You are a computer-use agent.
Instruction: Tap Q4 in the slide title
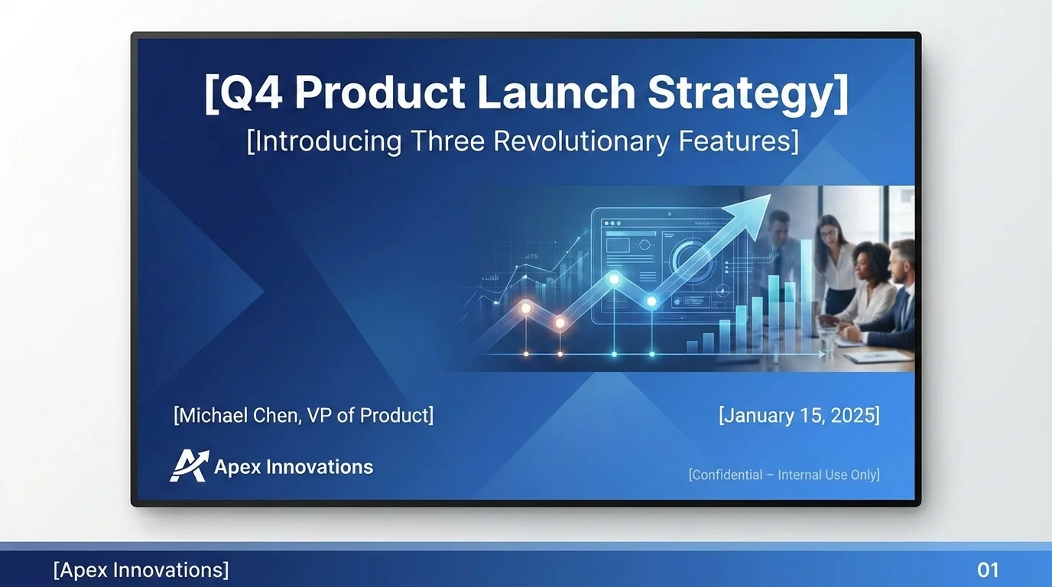(242, 92)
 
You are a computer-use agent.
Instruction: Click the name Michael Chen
(239, 415)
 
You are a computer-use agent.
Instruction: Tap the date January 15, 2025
(799, 415)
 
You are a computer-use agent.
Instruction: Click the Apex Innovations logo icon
(188, 466)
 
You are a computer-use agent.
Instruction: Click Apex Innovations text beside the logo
(294, 467)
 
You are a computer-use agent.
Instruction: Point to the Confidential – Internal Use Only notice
(784, 475)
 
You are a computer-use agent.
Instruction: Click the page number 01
(988, 569)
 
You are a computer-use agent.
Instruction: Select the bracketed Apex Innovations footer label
(141, 569)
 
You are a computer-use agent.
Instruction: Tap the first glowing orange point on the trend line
(525, 308)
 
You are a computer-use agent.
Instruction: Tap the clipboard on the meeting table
(868, 355)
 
